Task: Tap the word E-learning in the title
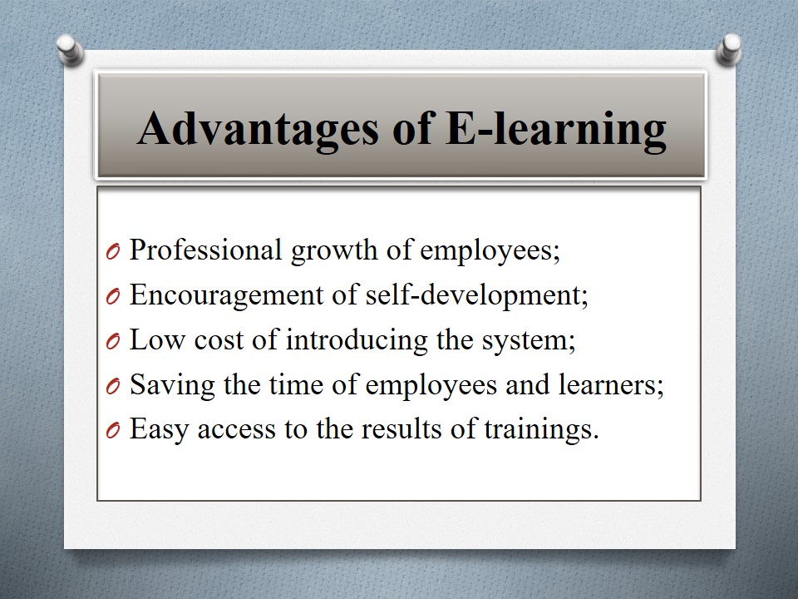coord(556,130)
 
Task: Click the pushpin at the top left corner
coord(70,50)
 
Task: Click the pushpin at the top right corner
coord(729,49)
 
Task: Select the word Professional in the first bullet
coord(205,250)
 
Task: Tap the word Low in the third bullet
coord(157,339)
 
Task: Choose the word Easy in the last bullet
coord(160,430)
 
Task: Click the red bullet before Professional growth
coord(113,251)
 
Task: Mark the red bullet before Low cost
coord(113,341)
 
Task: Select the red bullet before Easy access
coord(113,431)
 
